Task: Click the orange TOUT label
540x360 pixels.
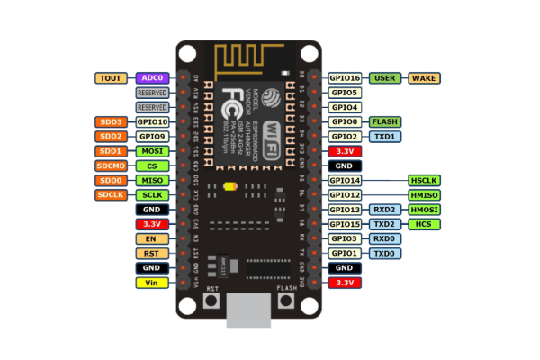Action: tap(112, 78)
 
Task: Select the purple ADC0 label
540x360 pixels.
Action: tap(152, 78)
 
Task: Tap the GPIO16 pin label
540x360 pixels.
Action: tap(345, 78)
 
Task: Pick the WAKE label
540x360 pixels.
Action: tap(425, 78)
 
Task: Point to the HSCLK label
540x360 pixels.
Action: tap(425, 180)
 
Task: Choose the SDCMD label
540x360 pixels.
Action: tap(112, 166)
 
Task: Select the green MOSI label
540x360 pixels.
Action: tap(152, 151)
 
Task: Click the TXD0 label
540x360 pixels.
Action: tap(384, 253)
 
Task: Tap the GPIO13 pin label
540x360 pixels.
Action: tap(345, 210)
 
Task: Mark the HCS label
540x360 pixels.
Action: tap(425, 224)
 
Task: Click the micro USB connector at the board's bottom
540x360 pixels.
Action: tap(249, 310)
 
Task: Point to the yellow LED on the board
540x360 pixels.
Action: tap(230, 187)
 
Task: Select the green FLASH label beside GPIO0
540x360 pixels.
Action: tap(384, 121)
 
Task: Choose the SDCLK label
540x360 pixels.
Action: tap(112, 194)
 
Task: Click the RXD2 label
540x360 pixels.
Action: tap(384, 210)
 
